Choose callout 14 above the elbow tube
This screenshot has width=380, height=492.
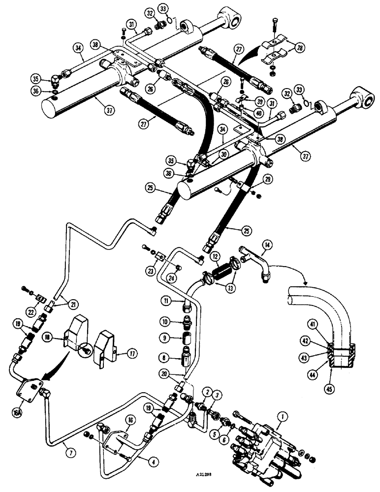(x=267, y=244)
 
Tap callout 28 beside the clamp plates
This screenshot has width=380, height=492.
(x=299, y=47)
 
